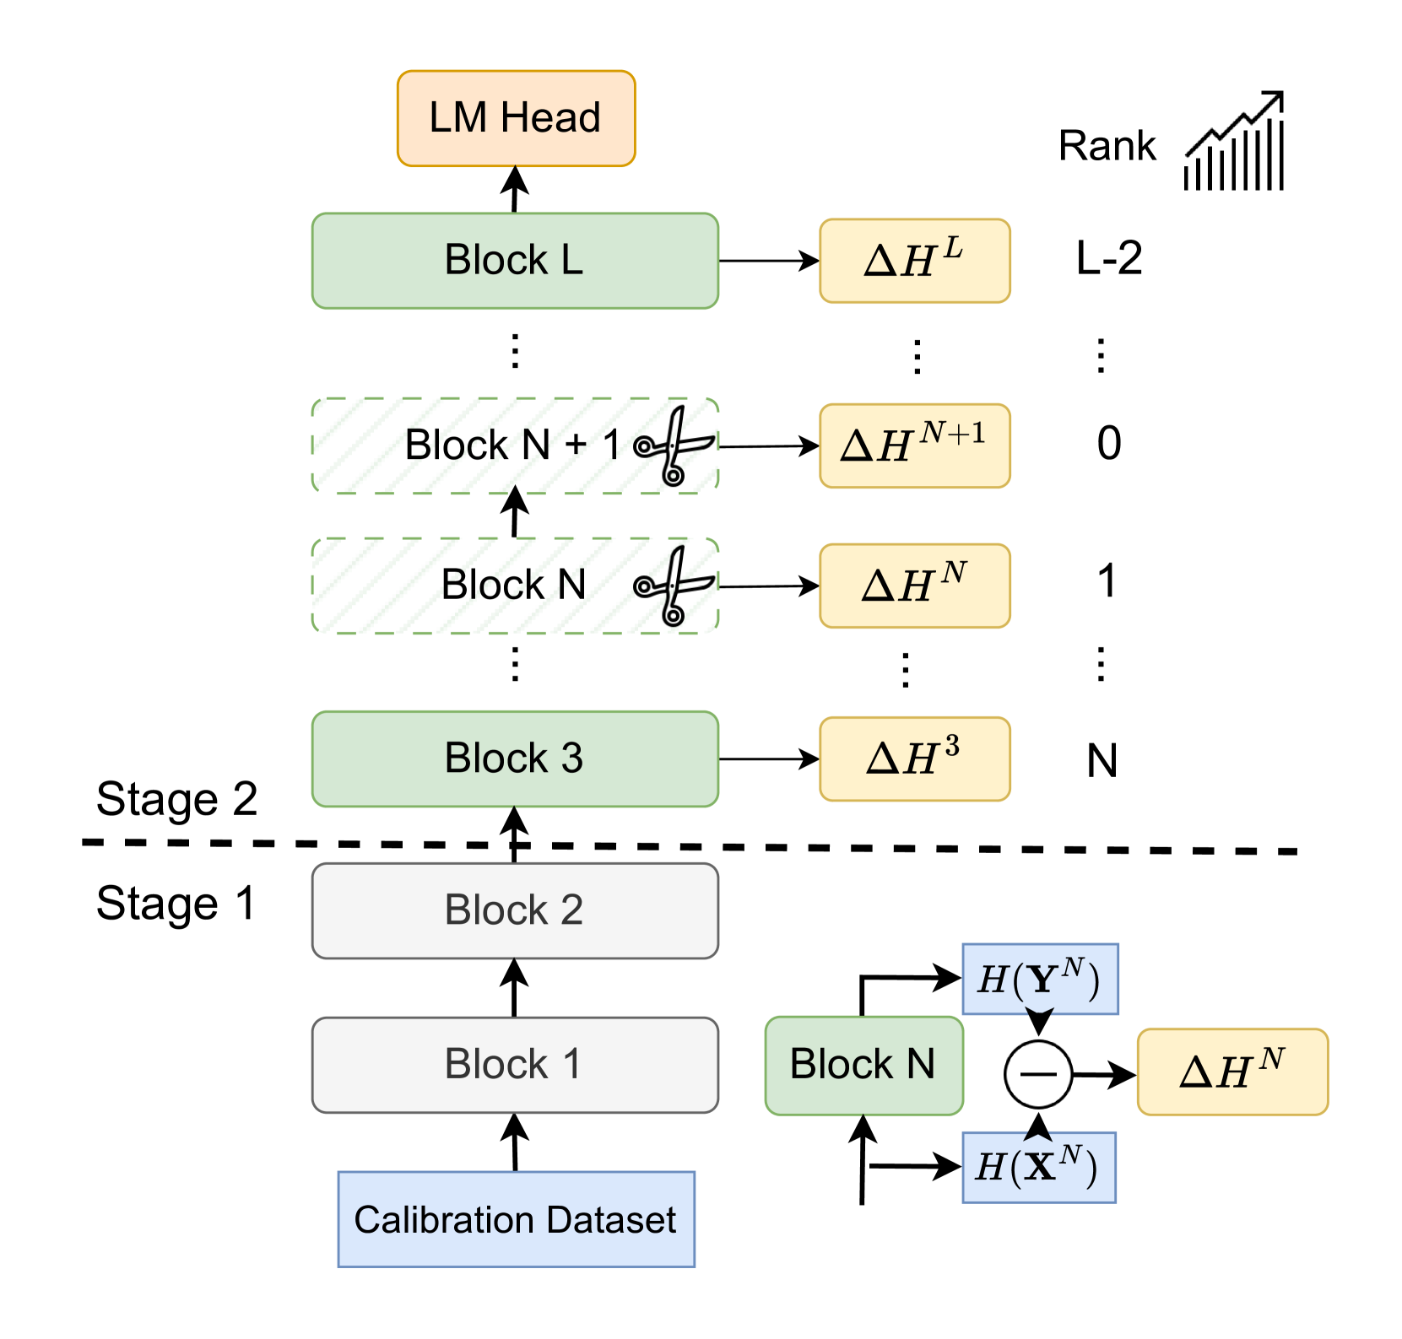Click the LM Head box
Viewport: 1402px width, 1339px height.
pos(516,118)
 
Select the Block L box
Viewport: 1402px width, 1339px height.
pos(515,261)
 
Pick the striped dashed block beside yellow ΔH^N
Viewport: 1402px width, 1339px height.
pos(515,586)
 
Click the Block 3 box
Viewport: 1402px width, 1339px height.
pos(515,759)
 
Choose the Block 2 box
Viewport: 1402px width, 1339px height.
pos(515,910)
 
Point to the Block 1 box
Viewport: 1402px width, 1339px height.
pos(515,1065)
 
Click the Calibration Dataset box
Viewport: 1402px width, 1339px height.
pos(516,1219)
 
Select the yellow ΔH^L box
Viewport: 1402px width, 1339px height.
pos(915,261)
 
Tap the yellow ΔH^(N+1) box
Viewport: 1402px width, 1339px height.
pos(915,445)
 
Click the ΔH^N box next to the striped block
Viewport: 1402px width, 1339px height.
pos(915,586)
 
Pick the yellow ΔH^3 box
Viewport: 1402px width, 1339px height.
pos(915,759)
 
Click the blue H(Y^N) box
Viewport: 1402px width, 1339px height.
pos(1040,979)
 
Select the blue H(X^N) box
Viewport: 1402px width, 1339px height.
pos(1038,1167)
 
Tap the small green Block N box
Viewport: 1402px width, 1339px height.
pos(863,1065)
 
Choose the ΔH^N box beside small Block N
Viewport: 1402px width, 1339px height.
pos(1232,1071)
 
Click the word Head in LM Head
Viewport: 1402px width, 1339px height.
pos(550,118)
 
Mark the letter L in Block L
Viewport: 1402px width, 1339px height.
pos(571,260)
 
